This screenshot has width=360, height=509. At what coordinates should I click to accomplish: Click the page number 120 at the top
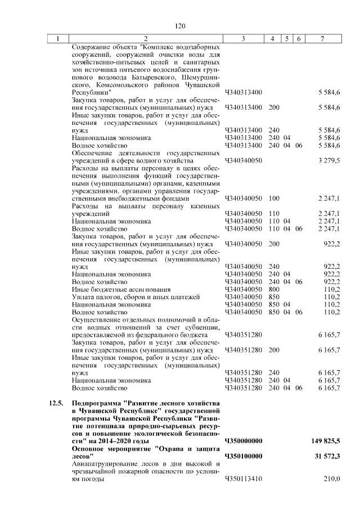pyautogui.click(x=180, y=26)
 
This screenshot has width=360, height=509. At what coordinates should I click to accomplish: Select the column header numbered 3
pyautogui.click(x=243, y=39)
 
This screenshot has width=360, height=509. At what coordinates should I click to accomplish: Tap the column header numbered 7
pyautogui.click(x=322, y=39)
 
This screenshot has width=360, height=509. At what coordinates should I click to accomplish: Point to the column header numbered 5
pyautogui.click(x=287, y=39)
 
